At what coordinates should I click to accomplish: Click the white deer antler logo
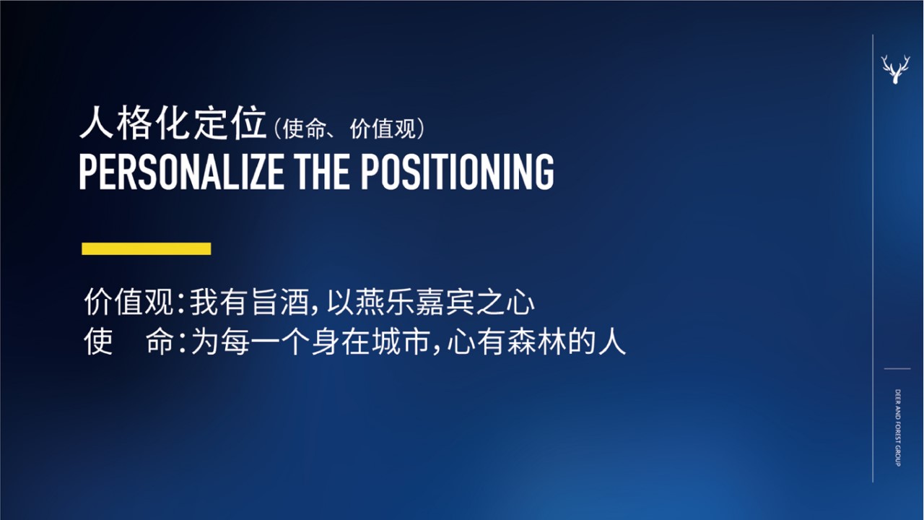pos(896,70)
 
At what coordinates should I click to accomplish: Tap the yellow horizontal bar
pos(147,249)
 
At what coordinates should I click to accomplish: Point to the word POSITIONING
pos(458,172)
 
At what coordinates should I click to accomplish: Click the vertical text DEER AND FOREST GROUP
pos(898,428)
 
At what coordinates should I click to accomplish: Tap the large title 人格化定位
pos(173,123)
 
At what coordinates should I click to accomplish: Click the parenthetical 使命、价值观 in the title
pos(349,129)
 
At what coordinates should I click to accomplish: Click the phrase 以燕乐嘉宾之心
pos(431,302)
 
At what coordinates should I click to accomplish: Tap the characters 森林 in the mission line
pos(537,342)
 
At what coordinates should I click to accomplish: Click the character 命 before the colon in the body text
pos(160,342)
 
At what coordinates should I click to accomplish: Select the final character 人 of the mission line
pos(612,342)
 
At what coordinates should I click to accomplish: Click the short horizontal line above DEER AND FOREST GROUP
pos(897,368)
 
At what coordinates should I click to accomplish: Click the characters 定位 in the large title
pos(230,123)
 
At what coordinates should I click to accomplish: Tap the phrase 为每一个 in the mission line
pos(250,342)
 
